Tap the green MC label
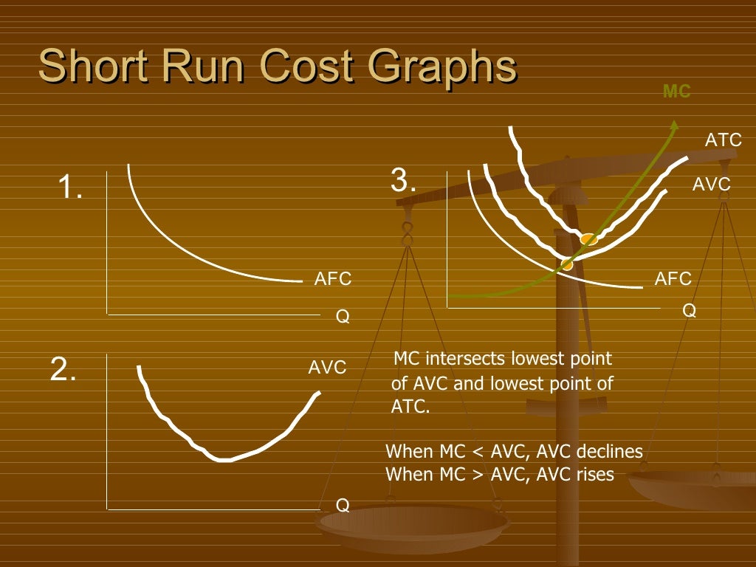pyautogui.click(x=676, y=92)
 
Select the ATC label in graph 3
pyautogui.click(x=724, y=140)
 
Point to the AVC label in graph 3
pyautogui.click(x=711, y=185)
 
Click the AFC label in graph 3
pyautogui.click(x=673, y=279)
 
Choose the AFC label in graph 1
pyautogui.click(x=333, y=279)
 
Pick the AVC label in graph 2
pyautogui.click(x=327, y=368)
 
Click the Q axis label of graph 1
pyautogui.click(x=343, y=317)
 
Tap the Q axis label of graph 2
pyautogui.click(x=343, y=505)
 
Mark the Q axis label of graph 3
pyautogui.click(x=689, y=311)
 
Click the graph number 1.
pyautogui.click(x=70, y=189)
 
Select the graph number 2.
pyautogui.click(x=63, y=369)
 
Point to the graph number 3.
pyautogui.click(x=403, y=181)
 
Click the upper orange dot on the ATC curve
pyautogui.click(x=588, y=239)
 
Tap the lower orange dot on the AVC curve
pyautogui.click(x=567, y=264)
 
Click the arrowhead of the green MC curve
pyautogui.click(x=673, y=123)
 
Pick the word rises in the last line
pyautogui.click(x=594, y=474)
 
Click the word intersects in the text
pyautogui.click(x=469, y=360)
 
